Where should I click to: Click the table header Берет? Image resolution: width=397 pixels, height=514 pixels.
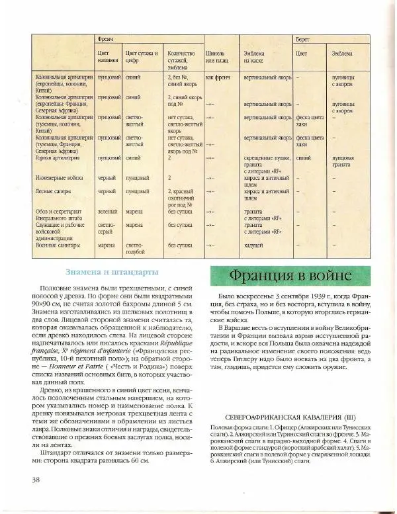click(x=304, y=40)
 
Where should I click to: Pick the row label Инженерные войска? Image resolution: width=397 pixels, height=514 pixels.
click(x=57, y=178)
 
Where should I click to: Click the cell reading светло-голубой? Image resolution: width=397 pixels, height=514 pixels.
click(x=135, y=248)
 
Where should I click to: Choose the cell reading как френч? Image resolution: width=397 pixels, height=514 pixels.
click(x=217, y=77)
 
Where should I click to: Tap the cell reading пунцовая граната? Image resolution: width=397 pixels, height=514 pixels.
click(x=342, y=162)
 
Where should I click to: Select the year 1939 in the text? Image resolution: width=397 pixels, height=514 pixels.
click(x=327, y=296)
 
